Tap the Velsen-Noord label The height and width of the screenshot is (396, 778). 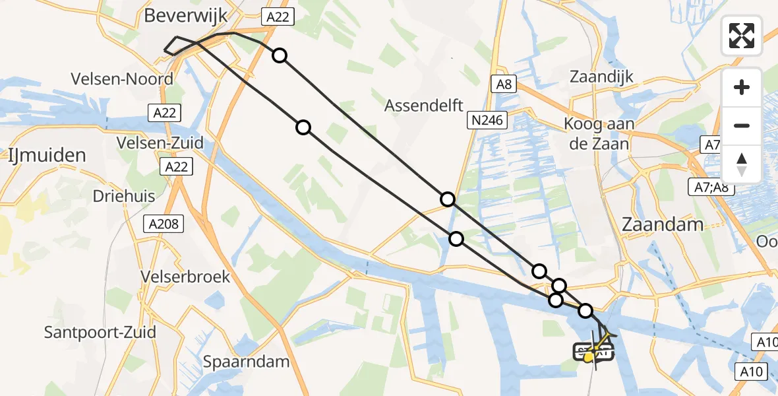(122, 79)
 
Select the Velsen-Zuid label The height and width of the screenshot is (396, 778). (160, 143)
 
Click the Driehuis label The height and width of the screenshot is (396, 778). (123, 197)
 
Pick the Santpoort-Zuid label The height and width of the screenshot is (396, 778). (100, 331)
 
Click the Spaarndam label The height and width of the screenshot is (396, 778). (247, 362)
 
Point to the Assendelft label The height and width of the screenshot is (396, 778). (424, 105)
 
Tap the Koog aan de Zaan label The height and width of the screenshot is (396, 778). (599, 133)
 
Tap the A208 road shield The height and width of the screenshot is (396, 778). (164, 224)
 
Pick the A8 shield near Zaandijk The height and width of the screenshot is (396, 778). (504, 84)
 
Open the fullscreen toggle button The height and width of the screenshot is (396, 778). (742, 36)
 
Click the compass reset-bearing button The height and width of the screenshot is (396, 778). (742, 164)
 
